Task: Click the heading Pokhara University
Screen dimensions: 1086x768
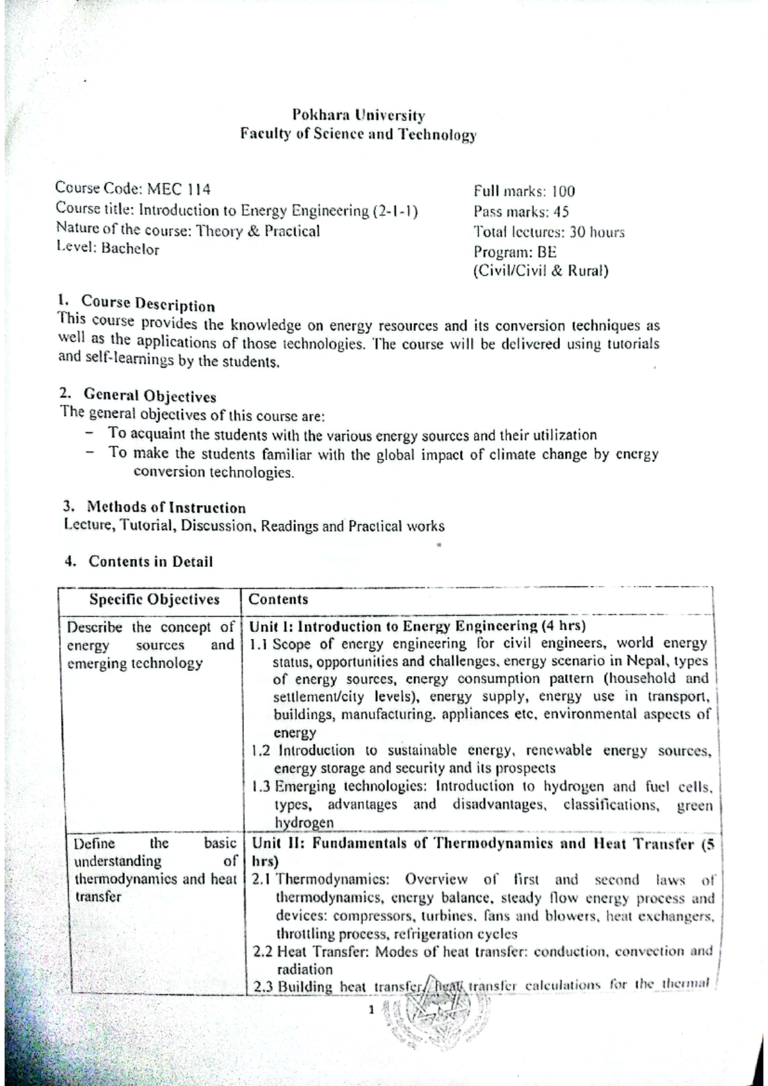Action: [x=358, y=116]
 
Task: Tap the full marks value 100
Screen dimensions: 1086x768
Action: [x=564, y=191]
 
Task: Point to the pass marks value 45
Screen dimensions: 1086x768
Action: [x=561, y=212]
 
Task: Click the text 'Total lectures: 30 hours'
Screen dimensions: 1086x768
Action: [x=548, y=232]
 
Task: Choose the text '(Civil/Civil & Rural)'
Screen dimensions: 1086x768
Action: [x=540, y=271]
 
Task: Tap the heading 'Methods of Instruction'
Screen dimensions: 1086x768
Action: [x=166, y=508]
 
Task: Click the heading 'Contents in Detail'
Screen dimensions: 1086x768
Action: [x=150, y=562]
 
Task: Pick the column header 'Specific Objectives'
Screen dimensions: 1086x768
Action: [x=154, y=599]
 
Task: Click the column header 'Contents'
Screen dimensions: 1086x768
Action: [x=278, y=599]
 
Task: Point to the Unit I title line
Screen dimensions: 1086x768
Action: [x=417, y=626]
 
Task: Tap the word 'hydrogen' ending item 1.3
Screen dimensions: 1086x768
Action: [x=303, y=822]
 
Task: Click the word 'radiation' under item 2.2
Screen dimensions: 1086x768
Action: [x=304, y=970]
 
